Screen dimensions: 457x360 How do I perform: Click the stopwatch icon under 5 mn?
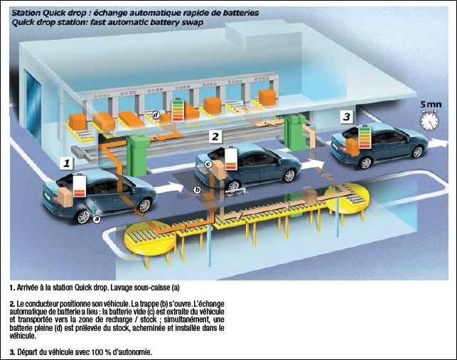click(x=429, y=120)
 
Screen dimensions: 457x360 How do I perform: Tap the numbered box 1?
click(x=66, y=163)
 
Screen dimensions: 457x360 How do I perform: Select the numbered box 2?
click(x=215, y=136)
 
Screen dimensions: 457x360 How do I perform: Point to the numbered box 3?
click(x=346, y=116)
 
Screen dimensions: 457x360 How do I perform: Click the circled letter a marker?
click(x=97, y=219)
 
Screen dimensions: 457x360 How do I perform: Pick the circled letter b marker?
click(x=198, y=190)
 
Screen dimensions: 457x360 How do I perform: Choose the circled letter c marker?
click(x=208, y=164)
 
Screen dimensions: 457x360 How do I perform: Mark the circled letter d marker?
click(x=156, y=115)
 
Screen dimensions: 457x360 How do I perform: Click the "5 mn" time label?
click(x=431, y=104)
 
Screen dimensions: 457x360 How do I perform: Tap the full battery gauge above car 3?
click(x=365, y=137)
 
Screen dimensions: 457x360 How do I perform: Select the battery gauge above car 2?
click(x=232, y=158)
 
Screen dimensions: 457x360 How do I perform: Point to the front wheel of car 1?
click(x=144, y=205)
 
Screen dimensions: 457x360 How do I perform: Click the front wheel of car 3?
click(x=418, y=152)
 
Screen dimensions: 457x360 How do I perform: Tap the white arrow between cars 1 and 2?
click(x=169, y=188)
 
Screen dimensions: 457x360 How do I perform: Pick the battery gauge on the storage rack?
click(x=178, y=111)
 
